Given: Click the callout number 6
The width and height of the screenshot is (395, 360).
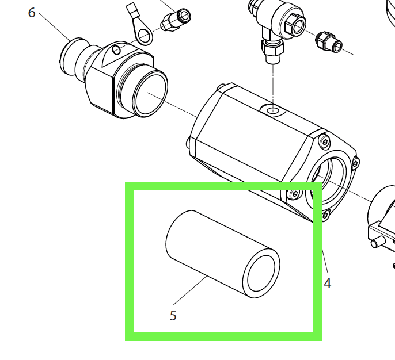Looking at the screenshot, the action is point(32,13).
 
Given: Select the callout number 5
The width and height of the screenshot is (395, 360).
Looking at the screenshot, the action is point(173,315).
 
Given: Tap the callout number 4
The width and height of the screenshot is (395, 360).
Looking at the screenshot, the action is point(327,284).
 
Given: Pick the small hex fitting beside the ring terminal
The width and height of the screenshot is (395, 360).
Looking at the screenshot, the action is point(176,20).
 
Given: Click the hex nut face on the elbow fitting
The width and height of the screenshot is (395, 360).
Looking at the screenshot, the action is point(295,25).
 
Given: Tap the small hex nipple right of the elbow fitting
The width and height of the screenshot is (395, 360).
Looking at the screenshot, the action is point(329,42).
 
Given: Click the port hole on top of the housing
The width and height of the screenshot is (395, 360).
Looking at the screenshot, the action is point(272,110).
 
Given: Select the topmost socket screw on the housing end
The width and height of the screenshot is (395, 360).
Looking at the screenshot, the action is point(325,142).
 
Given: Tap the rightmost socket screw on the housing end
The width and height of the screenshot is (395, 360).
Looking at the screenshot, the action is point(355,163).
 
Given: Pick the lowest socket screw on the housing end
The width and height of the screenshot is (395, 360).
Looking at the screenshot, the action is point(325,215).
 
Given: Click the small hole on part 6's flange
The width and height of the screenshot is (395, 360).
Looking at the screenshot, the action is point(116,50).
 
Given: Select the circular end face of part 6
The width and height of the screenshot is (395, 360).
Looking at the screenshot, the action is point(150,93).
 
